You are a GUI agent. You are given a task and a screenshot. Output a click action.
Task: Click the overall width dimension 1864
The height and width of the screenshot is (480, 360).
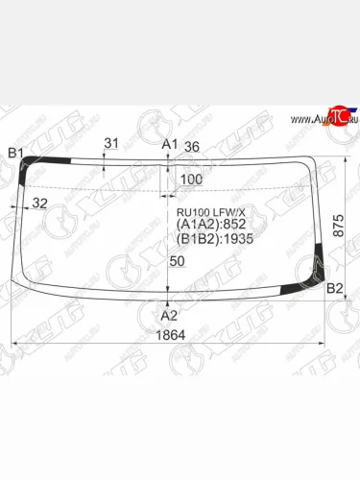coord(170,335)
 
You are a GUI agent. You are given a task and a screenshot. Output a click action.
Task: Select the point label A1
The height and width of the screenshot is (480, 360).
coord(169,144)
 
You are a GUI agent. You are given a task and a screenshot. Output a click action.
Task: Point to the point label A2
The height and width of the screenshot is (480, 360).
coord(169,314)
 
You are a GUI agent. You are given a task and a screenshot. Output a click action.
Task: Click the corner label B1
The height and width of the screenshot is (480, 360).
coord(16,153)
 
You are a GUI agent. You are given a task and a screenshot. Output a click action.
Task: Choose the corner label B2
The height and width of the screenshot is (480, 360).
coord(335,288)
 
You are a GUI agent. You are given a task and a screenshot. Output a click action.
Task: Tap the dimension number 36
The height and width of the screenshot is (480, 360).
coord(191,147)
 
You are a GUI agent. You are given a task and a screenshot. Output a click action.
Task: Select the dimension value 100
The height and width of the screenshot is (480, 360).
coord(191,180)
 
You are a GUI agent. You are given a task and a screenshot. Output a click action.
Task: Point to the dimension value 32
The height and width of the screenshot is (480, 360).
coord(40,203)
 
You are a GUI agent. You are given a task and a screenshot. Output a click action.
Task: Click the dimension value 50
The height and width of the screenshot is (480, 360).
coord(177,261)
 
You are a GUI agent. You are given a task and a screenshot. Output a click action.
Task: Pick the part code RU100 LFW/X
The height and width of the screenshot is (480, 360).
coord(208,213)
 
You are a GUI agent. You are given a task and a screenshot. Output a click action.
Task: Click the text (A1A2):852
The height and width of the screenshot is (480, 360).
coord(208,226)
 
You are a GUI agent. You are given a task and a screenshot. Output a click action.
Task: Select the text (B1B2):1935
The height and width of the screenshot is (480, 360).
coord(213,239)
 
